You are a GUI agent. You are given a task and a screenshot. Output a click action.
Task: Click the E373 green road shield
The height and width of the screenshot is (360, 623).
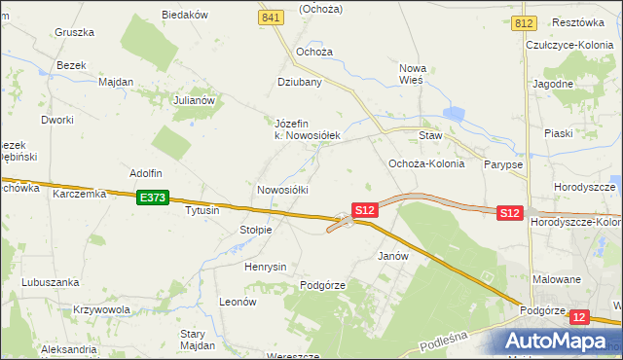point(153,198)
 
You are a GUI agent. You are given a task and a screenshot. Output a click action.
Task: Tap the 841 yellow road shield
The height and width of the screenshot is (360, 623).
point(272,18)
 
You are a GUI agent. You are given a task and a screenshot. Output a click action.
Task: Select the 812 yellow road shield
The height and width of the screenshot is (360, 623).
point(526,21)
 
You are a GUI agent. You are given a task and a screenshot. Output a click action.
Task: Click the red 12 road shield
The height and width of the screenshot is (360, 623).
point(580,317)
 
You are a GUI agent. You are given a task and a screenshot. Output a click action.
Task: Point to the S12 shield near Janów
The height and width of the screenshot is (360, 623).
point(364,210)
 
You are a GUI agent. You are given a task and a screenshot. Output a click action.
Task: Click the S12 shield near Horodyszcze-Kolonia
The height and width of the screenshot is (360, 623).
point(510,212)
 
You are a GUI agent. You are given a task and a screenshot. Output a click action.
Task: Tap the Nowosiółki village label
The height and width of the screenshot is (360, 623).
point(282,190)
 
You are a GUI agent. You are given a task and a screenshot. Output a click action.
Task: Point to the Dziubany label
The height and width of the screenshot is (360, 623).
point(300,83)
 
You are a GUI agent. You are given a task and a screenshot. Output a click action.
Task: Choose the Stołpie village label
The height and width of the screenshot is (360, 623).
point(255,230)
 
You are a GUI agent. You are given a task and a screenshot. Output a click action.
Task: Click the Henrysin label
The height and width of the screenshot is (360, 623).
point(266,267)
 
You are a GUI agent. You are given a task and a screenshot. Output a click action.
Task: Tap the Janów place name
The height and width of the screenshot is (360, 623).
point(391,256)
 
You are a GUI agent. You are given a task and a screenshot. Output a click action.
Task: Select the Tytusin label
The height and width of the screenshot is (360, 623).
point(202,210)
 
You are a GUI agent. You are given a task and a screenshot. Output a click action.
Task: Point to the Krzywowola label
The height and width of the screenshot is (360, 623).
point(101,309)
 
